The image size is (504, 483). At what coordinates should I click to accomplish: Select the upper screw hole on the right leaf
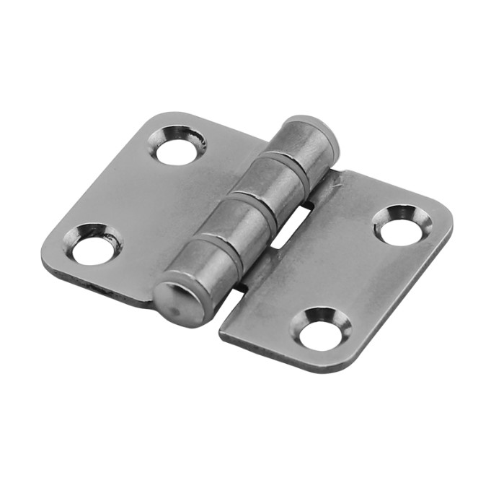[402, 229]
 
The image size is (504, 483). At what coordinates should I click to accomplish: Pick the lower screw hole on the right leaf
[320, 333]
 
